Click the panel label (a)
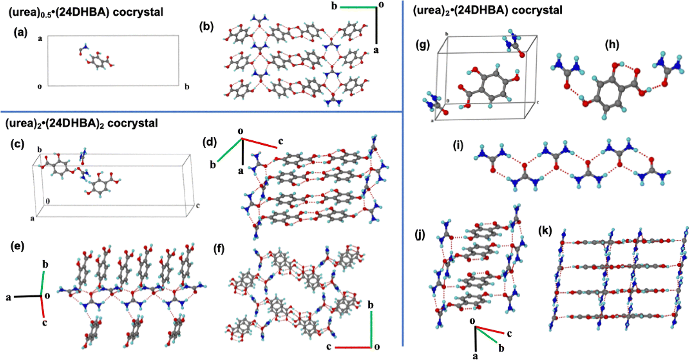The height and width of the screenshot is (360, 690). (x=21, y=32)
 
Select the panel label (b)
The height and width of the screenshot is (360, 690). (x=206, y=27)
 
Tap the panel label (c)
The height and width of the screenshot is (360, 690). (x=18, y=144)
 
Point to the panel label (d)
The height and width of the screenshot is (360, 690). (x=210, y=142)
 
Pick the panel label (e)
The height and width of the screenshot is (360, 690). (x=18, y=246)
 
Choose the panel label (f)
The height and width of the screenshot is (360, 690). (x=219, y=249)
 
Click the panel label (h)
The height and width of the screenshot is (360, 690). (x=612, y=44)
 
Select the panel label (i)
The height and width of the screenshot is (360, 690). (x=458, y=146)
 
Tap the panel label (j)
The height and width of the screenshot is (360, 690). (x=420, y=235)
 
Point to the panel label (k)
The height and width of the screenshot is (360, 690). (x=545, y=231)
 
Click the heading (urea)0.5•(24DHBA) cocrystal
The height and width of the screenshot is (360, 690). (x=86, y=12)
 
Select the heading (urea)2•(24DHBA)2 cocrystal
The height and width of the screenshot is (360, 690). (x=82, y=123)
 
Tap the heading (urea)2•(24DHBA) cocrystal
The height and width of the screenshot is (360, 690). (x=487, y=10)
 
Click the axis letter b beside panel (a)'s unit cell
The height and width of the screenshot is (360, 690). (x=187, y=87)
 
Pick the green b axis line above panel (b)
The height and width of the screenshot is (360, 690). (x=358, y=7)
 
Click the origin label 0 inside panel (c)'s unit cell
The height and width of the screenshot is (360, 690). (x=48, y=201)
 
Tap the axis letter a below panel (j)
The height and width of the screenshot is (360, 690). (x=475, y=356)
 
